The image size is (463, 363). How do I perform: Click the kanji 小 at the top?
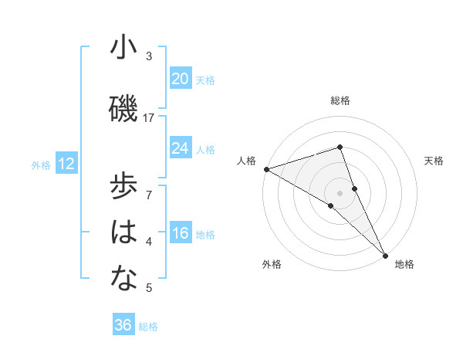[x=123, y=48]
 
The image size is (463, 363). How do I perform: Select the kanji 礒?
[x=123, y=109]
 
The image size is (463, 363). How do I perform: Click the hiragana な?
[x=123, y=280]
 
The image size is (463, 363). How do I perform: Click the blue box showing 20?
[x=180, y=78]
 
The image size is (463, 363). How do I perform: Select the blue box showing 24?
[x=180, y=148]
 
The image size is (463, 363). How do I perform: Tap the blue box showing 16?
[x=180, y=234]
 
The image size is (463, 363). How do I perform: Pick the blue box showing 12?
[x=66, y=164]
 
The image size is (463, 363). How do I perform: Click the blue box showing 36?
[x=123, y=325]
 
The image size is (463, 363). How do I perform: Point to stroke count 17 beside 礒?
[x=149, y=117]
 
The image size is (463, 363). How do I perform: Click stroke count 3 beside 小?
[x=149, y=56]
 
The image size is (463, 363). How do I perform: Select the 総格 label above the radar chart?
[x=340, y=100]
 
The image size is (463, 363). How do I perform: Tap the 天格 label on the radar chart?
[x=434, y=161]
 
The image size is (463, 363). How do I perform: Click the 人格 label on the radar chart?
[x=246, y=161]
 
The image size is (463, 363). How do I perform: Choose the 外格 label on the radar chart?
[x=272, y=264]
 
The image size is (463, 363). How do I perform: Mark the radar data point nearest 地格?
[x=385, y=254]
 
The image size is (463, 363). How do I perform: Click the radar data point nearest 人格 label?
[x=266, y=169]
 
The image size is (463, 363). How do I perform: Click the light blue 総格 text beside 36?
[x=148, y=327]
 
